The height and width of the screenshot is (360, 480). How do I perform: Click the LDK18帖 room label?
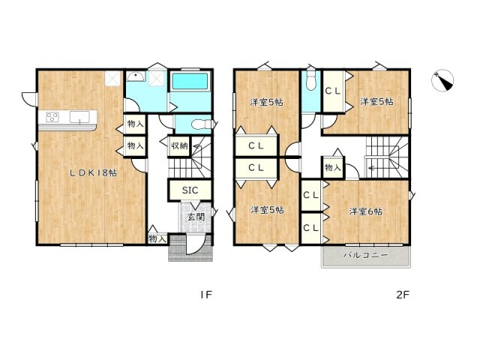[x=93, y=172]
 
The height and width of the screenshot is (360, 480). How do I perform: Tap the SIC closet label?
[x=190, y=190]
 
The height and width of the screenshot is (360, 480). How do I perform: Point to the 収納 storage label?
[x=178, y=145]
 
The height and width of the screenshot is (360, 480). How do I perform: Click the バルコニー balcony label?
[x=365, y=256]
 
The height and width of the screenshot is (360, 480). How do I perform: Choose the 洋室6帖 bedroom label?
[x=365, y=211]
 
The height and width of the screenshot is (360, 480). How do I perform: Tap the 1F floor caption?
[x=206, y=295]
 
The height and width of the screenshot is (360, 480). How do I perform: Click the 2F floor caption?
[x=403, y=295]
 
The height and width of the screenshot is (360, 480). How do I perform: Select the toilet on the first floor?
[x=199, y=125]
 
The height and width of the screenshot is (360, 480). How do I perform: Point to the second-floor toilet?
[x=311, y=82]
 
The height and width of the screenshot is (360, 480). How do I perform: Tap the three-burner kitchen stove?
[x=52, y=116]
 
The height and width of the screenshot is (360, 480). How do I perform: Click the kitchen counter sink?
[x=80, y=116]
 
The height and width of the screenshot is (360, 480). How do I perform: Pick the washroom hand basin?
[x=136, y=77]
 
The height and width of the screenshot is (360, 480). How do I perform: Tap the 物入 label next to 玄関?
[x=156, y=238]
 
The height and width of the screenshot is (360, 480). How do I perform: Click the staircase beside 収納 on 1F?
[x=199, y=158]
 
